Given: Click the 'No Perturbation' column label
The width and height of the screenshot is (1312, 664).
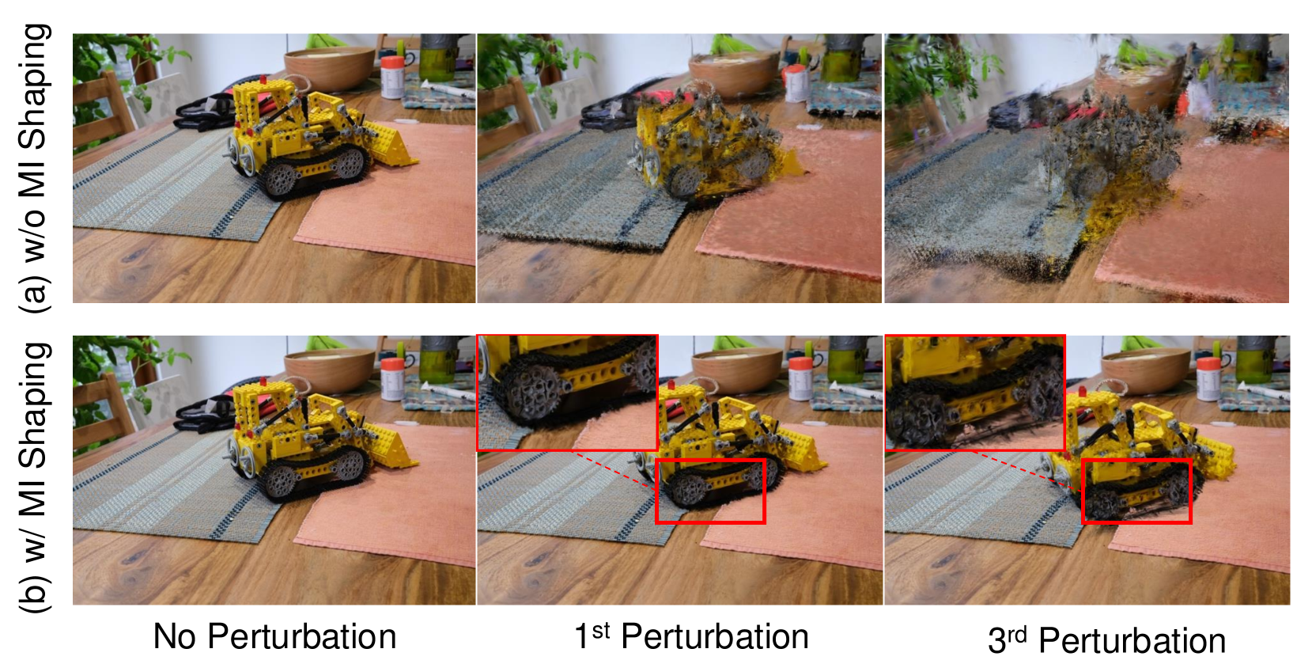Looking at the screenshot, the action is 274,636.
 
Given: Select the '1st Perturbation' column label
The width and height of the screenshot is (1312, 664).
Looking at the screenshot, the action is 692,636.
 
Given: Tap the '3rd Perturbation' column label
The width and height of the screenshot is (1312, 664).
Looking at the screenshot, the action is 1106,640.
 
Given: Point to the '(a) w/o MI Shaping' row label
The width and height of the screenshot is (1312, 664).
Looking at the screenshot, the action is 34,169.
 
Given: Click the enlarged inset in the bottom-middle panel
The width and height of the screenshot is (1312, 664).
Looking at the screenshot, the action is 568,393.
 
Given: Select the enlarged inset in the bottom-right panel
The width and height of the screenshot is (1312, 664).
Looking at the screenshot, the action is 975,393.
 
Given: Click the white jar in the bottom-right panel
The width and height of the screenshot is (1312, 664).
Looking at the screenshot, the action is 1208,379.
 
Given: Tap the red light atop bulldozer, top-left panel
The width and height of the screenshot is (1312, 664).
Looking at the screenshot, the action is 263,78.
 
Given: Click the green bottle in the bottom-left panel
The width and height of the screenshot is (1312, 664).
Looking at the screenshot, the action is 437,360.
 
